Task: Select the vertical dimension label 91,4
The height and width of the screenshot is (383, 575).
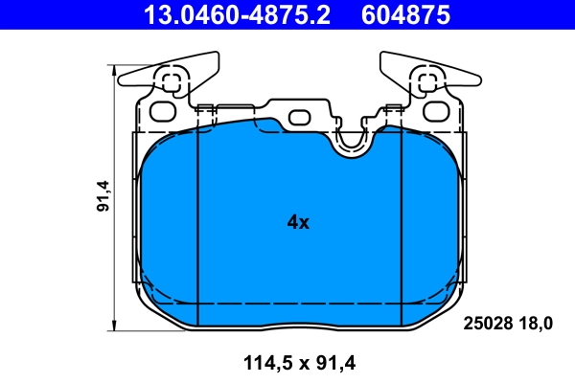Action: pos(103,196)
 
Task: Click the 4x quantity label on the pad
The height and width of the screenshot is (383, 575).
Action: pos(298,222)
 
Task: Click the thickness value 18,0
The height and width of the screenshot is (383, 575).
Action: pos(535,324)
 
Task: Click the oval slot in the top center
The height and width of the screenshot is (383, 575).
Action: pos(300,118)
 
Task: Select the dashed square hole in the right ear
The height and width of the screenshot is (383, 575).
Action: pos(425,82)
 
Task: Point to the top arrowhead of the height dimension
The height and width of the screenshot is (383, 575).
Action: pos(115,70)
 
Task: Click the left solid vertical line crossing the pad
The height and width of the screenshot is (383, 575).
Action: pos(195,225)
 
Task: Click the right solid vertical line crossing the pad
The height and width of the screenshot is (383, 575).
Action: pos(401,225)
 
